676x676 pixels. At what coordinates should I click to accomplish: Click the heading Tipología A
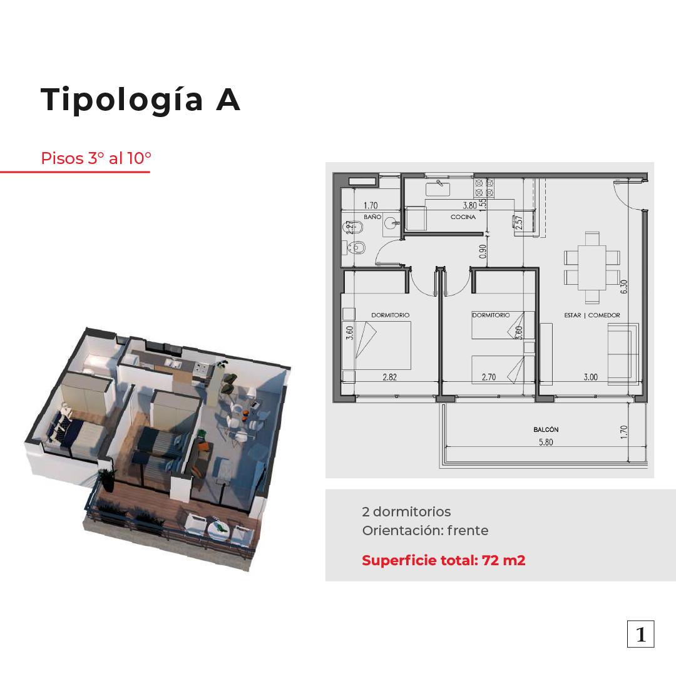click(x=140, y=100)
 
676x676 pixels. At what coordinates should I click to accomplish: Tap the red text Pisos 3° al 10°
click(x=96, y=158)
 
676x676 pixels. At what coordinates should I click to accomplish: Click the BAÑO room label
click(x=372, y=217)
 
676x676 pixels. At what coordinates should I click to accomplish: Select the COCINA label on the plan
click(x=463, y=217)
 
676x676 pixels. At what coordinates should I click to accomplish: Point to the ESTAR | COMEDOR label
click(x=592, y=315)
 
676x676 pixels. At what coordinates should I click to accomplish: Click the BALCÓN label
click(x=546, y=429)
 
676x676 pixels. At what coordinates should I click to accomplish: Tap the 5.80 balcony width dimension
click(x=546, y=442)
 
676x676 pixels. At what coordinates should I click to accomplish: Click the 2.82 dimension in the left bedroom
click(x=390, y=377)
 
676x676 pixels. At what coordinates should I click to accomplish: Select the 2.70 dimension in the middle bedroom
click(x=489, y=377)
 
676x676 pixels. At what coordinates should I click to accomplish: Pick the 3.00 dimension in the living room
click(x=591, y=377)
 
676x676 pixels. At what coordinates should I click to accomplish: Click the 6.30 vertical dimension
click(x=624, y=286)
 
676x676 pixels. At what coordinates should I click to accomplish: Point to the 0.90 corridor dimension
click(x=483, y=252)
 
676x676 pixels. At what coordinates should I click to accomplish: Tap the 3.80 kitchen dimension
click(x=470, y=206)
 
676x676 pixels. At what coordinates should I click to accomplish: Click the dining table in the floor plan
click(x=592, y=268)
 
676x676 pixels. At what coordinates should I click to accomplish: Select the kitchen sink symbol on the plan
click(x=438, y=189)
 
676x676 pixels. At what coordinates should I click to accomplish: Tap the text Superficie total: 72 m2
click(x=444, y=560)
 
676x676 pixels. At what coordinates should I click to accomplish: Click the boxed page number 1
click(x=641, y=634)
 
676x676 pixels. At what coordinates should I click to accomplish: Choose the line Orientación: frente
click(x=425, y=530)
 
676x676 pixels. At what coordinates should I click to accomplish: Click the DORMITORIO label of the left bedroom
click(x=390, y=315)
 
